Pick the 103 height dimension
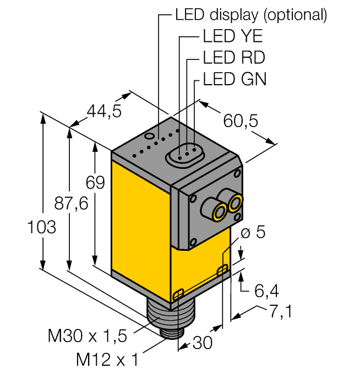tap(41, 227)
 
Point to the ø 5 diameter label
tap(254, 232)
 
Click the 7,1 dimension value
tap(280, 311)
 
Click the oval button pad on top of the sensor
tap(184, 155)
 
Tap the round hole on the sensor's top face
tap(149, 135)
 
